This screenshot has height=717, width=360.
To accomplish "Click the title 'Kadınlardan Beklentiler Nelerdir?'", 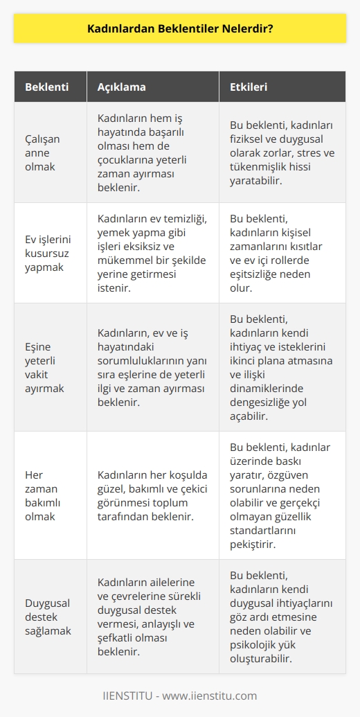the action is pyautogui.click(x=180, y=30).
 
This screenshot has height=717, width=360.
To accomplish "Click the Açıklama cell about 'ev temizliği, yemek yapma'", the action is pyautogui.click(x=152, y=253).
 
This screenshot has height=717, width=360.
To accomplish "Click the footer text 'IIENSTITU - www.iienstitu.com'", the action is pyautogui.click(x=180, y=695).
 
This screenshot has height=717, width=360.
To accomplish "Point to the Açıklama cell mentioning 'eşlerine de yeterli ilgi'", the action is pyautogui.click(x=152, y=366).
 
